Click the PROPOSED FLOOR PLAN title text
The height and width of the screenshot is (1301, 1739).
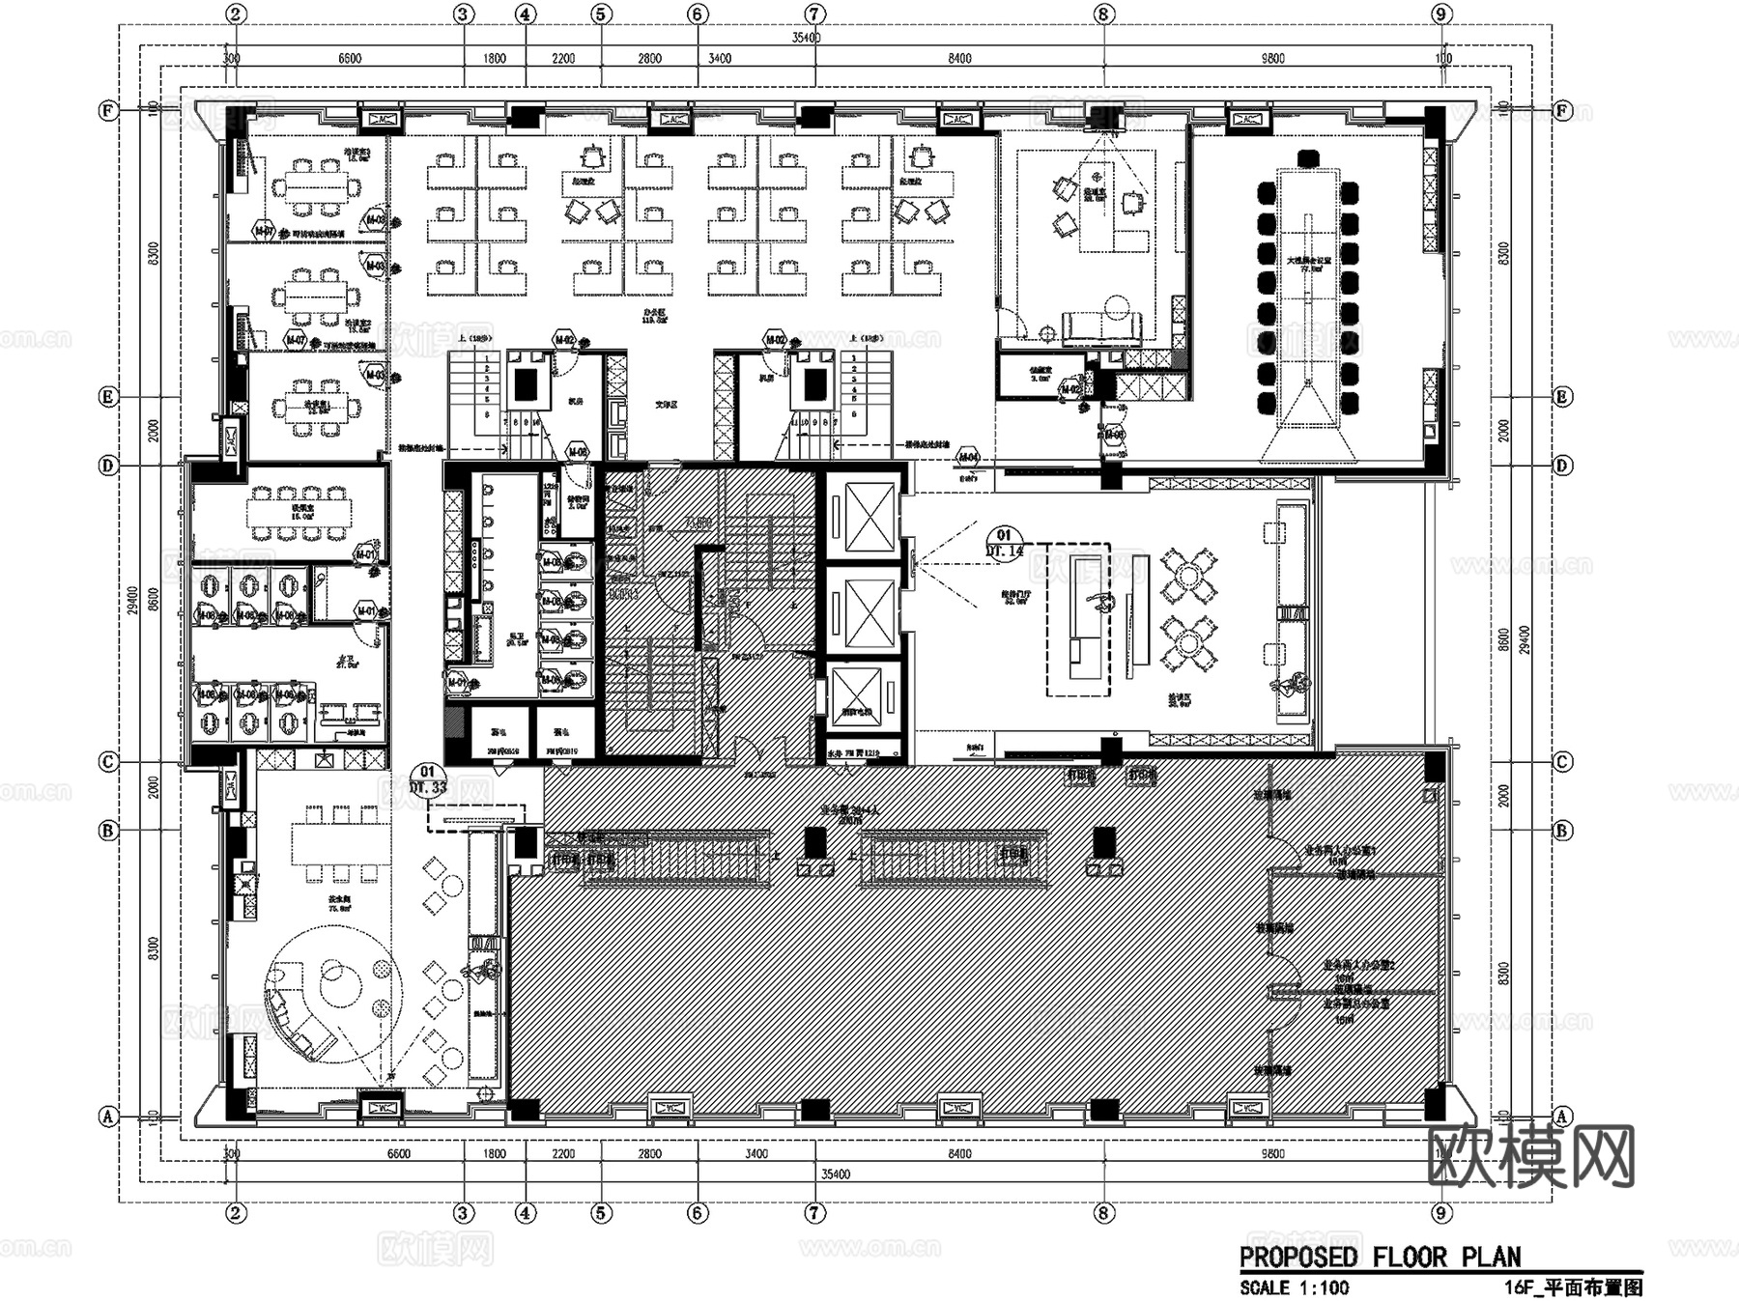coord(1380,1257)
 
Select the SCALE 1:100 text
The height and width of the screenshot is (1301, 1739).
coord(1294,1287)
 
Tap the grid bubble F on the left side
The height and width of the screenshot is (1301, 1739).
coord(109,110)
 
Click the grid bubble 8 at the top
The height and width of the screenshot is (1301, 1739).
coord(1104,14)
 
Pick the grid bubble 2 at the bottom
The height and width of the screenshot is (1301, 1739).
coord(236,1213)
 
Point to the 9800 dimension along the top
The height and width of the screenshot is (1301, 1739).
coord(1272,59)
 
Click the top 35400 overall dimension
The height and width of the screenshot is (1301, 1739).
coord(806,38)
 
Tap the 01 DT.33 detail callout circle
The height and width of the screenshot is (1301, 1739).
coord(427,779)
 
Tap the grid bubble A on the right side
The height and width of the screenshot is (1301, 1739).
coord(1561,1117)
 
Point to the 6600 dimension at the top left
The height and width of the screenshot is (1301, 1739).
coord(350,59)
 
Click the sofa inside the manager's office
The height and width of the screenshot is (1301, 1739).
coord(1101,327)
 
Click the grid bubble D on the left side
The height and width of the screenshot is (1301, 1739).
coord(109,466)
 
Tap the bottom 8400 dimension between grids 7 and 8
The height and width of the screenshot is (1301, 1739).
coord(959,1153)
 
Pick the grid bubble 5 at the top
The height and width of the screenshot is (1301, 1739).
coord(602,14)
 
